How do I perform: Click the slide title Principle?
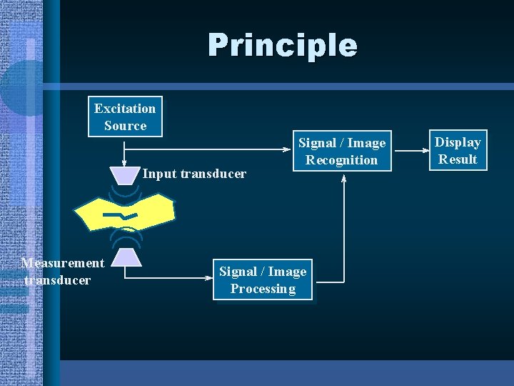(x=283, y=45)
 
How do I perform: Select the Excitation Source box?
(x=125, y=117)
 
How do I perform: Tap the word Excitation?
(x=125, y=109)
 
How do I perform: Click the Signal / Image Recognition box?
(x=341, y=151)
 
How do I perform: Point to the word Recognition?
(x=341, y=160)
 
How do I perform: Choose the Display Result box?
(x=458, y=151)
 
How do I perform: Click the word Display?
(x=458, y=142)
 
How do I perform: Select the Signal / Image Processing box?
(x=263, y=279)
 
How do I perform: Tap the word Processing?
(x=263, y=289)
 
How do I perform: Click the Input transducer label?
(x=194, y=174)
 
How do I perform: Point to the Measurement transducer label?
(x=62, y=272)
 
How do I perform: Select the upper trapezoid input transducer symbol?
(x=124, y=174)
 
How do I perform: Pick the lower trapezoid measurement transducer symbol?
(x=126, y=256)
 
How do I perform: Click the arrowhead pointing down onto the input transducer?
(x=124, y=163)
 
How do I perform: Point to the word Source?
(x=125, y=126)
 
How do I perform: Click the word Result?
(x=458, y=159)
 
